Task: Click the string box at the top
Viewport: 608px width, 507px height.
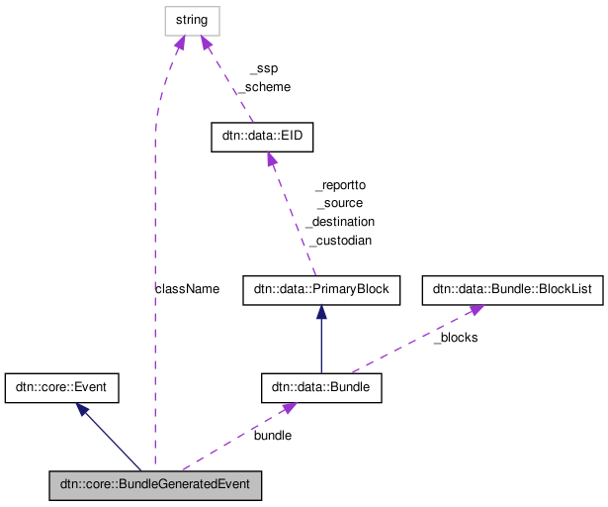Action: tap(192, 20)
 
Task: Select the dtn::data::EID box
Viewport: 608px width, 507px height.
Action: tap(262, 137)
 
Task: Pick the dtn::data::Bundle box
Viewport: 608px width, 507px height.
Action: tap(320, 387)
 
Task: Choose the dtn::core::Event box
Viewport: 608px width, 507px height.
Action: tap(61, 387)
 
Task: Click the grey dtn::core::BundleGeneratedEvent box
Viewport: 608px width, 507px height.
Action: tap(155, 485)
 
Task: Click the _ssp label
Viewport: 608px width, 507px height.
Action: tap(263, 68)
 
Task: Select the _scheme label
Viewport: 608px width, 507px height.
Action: tap(263, 87)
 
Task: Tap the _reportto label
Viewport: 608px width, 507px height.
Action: tap(340, 184)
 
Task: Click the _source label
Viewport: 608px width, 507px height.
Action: tap(340, 203)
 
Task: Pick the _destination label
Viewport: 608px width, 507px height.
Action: tap(340, 222)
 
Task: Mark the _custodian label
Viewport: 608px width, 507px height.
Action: tap(340, 241)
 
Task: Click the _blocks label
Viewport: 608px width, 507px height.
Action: tap(456, 338)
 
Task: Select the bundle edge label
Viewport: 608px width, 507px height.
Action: tap(273, 435)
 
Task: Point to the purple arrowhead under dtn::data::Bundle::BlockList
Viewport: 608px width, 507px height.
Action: tap(476, 310)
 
